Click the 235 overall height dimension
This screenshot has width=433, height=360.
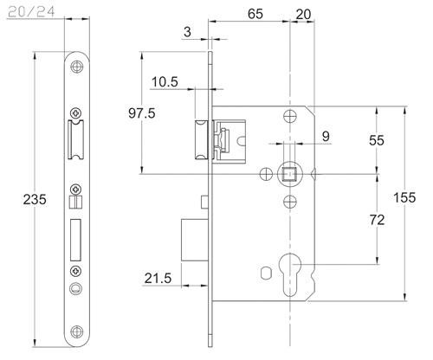click(x=35, y=199)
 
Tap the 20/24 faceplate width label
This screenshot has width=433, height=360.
click(x=31, y=12)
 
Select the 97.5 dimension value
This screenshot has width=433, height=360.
click(x=142, y=113)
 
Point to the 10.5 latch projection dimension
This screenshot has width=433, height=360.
click(x=165, y=82)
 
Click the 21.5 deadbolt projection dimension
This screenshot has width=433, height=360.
click(x=158, y=279)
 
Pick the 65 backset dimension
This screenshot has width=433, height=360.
click(x=255, y=14)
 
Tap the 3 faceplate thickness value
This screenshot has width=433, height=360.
click(x=187, y=32)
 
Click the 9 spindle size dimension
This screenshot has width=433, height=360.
click(x=326, y=136)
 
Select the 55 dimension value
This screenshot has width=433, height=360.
click(x=377, y=140)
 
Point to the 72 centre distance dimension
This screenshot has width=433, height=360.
click(x=377, y=221)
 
